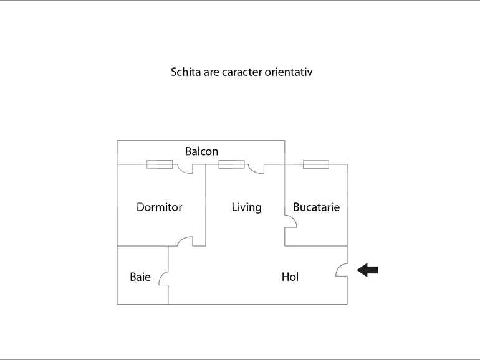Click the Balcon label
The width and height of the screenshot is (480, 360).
(x=201, y=151)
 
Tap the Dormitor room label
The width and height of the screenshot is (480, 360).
(x=159, y=207)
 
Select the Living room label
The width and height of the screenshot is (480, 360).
(x=246, y=207)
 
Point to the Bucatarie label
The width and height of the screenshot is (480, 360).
(x=316, y=207)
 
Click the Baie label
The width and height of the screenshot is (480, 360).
(x=140, y=277)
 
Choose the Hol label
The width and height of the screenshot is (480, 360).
(x=290, y=277)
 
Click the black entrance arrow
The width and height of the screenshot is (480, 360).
(x=368, y=270)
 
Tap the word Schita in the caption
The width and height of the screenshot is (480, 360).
(x=185, y=72)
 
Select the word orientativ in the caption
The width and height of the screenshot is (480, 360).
(x=288, y=72)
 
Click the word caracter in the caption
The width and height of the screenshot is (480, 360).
(x=241, y=72)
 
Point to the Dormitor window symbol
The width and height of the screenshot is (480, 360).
(x=160, y=164)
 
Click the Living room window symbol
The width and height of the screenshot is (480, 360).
(x=231, y=164)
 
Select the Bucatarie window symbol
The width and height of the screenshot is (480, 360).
(x=315, y=164)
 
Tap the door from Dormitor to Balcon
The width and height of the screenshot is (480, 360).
(x=185, y=168)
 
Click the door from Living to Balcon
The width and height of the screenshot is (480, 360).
(x=256, y=168)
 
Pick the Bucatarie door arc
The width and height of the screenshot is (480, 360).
(x=290, y=222)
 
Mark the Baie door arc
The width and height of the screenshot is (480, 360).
(x=163, y=278)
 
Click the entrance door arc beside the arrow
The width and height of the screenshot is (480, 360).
(x=342, y=269)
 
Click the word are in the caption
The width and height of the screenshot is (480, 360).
(x=211, y=72)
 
